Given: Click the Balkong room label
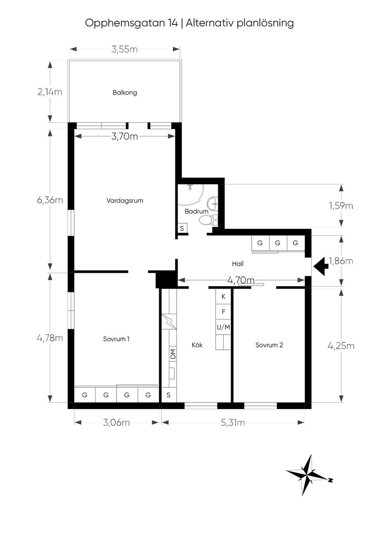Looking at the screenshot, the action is pyautogui.click(x=125, y=93).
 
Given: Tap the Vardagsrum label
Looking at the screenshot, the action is pyautogui.click(x=125, y=200).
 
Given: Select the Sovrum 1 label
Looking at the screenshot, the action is pyautogui.click(x=116, y=339).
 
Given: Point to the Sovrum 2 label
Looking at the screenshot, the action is pyautogui.click(x=269, y=345).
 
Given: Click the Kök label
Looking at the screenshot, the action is pyautogui.click(x=197, y=345).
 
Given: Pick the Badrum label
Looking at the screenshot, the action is pyautogui.click(x=197, y=211).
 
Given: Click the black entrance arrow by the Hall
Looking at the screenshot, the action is pyautogui.click(x=321, y=266).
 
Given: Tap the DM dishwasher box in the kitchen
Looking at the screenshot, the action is pyautogui.click(x=173, y=354).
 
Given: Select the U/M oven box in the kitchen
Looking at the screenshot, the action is pyautogui.click(x=224, y=327).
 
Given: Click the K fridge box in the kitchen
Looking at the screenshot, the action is pyautogui.click(x=224, y=296).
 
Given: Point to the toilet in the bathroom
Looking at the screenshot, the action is pyautogui.click(x=208, y=220).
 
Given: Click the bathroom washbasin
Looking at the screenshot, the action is pyautogui.click(x=212, y=203).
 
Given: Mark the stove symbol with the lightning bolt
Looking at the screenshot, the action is pyautogui.click(x=169, y=321).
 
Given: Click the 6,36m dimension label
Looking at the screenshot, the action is pyautogui.click(x=50, y=200).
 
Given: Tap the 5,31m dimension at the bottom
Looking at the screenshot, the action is pyautogui.click(x=233, y=422).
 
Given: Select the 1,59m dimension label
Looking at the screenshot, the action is pyautogui.click(x=341, y=206).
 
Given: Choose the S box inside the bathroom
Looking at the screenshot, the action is pyautogui.click(x=182, y=228).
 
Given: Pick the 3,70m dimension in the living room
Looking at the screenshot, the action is pyautogui.click(x=124, y=136).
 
